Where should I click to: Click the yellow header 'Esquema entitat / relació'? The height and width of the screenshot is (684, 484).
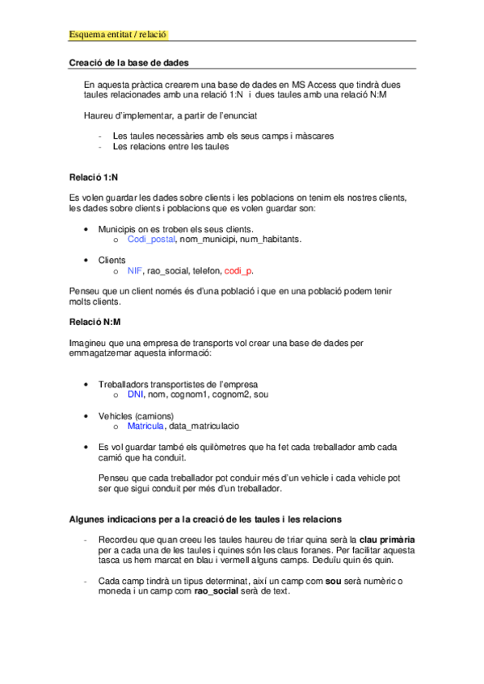(x=118, y=35)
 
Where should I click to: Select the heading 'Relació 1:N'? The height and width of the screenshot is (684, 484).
(x=95, y=176)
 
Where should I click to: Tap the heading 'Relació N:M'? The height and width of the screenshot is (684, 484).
(x=95, y=323)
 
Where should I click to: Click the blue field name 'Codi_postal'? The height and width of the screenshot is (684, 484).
(x=151, y=240)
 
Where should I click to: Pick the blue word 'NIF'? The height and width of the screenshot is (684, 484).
(x=135, y=271)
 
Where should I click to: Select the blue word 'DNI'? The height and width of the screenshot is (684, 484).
(x=136, y=395)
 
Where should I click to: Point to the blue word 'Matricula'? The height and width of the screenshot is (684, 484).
(x=145, y=426)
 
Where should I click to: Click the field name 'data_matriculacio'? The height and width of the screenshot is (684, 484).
(x=204, y=426)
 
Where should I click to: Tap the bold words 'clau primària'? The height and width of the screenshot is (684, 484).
(x=387, y=538)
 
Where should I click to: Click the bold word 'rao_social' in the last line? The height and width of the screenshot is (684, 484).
(x=217, y=591)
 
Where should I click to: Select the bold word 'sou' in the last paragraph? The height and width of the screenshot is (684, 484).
(x=332, y=581)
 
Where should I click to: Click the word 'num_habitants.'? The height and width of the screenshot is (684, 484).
(x=270, y=240)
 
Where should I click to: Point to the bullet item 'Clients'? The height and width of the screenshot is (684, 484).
(x=112, y=261)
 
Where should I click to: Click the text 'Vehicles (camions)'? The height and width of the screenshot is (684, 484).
(x=136, y=415)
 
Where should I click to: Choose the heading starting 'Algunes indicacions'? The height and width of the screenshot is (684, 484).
(x=206, y=518)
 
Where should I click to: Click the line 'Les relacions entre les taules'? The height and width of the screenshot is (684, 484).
(x=170, y=148)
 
